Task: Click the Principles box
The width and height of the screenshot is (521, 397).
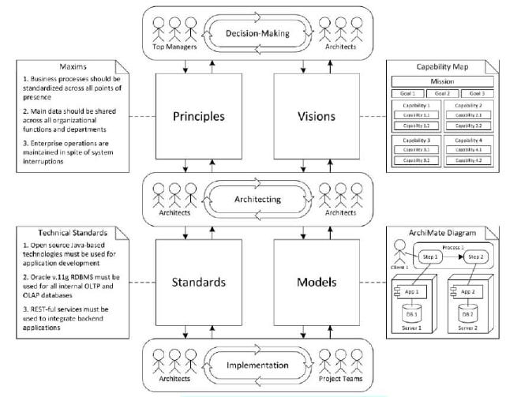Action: pos(199,117)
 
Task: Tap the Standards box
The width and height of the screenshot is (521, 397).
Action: pos(199,281)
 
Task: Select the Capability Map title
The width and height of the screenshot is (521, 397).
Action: pos(442,66)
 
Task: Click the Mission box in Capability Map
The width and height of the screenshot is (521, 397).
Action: pos(442,81)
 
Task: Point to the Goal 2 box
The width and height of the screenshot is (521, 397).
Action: pos(442,94)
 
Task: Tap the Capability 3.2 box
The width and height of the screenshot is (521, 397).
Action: pos(416,160)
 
